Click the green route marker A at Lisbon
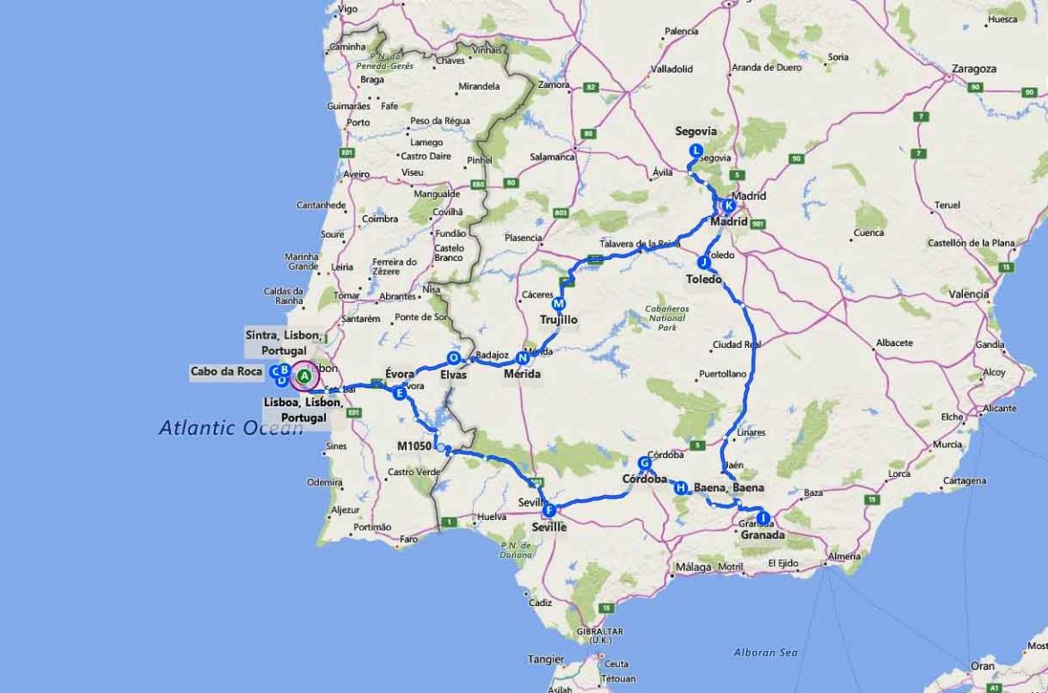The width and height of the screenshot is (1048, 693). (304, 376)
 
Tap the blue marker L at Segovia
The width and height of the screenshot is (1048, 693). (696, 151)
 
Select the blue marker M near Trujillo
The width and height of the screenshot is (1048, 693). (559, 304)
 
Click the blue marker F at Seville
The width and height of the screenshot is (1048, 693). (550, 510)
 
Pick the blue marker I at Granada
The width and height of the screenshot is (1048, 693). (762, 517)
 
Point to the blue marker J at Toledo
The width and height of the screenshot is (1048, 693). (703, 263)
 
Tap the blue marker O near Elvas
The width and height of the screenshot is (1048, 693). (453, 358)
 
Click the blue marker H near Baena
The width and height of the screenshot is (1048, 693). (681, 488)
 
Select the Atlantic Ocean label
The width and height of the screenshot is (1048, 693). (231, 428)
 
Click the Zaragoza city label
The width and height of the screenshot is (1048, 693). (974, 68)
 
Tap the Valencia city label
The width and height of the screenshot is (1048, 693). (968, 294)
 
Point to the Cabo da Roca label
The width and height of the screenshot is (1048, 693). (226, 371)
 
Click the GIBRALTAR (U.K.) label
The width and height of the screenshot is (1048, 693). (599, 636)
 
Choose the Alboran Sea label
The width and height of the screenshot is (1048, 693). (766, 652)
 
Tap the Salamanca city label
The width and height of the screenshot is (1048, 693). (552, 156)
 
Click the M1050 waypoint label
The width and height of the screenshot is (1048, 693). (415, 446)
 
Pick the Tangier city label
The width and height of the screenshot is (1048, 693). (545, 659)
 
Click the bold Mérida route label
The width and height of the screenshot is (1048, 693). (522, 374)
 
